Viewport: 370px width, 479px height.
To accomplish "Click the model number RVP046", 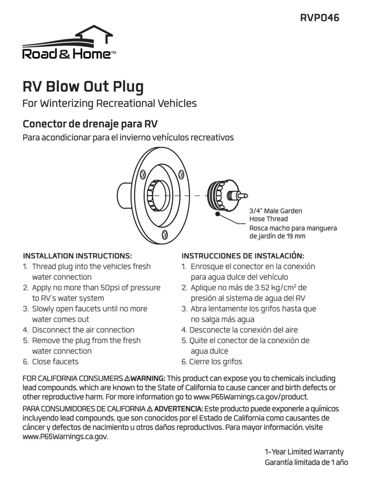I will [319, 18].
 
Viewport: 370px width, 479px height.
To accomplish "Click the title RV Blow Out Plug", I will [83, 87].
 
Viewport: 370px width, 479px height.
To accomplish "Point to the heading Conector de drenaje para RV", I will [90, 124].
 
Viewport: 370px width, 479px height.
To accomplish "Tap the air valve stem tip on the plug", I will [245, 195].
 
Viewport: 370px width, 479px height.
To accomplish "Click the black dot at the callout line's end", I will [218, 214].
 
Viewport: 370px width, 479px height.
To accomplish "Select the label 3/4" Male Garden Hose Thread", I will [275, 215].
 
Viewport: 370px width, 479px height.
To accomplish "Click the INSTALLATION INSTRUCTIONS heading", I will [78, 256].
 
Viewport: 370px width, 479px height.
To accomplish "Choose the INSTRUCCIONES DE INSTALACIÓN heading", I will [243, 256].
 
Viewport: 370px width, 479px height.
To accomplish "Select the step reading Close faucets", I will [55, 362].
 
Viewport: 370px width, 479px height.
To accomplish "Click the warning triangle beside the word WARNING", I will [127, 378].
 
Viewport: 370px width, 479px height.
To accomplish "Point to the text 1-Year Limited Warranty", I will [304, 452].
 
